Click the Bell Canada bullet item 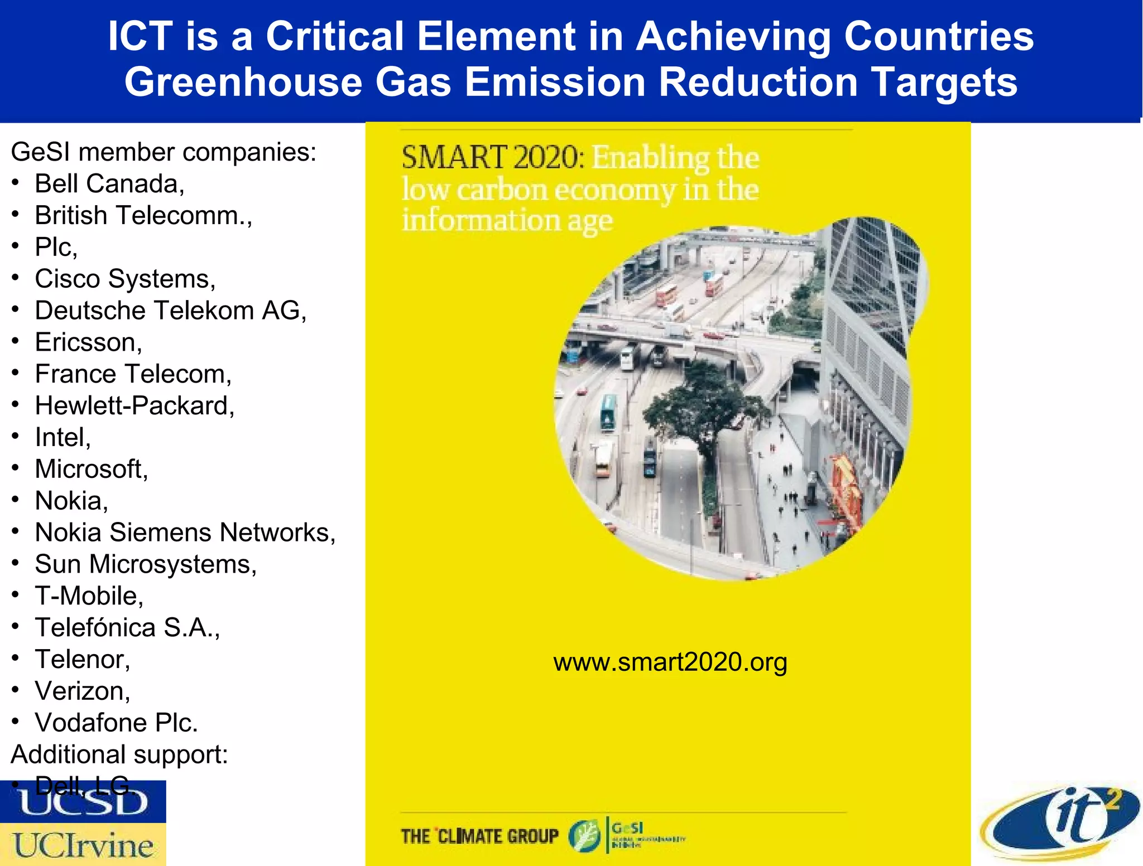[x=109, y=183]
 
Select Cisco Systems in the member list [x=125, y=278]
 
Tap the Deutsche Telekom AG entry [x=171, y=310]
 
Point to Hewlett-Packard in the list [x=135, y=405]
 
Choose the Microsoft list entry [x=92, y=469]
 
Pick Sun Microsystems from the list [x=146, y=564]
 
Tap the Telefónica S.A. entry [x=127, y=627]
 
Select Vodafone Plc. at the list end [x=116, y=723]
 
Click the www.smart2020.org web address [x=670, y=662]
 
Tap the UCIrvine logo [x=83, y=845]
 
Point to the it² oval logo [x=1060, y=823]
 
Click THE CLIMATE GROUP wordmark [x=479, y=836]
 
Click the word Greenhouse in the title [x=243, y=82]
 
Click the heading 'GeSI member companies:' [x=164, y=152]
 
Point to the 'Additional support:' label [x=119, y=754]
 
